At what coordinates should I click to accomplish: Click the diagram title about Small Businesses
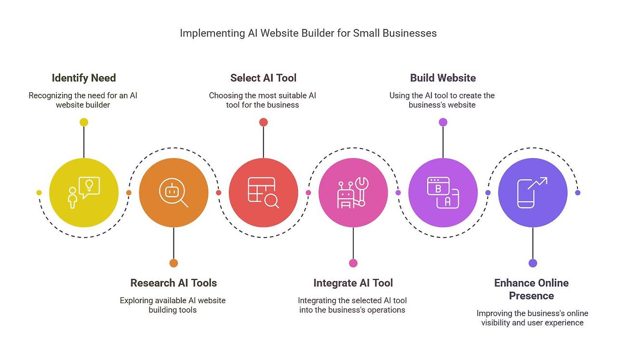pyautogui.click(x=308, y=33)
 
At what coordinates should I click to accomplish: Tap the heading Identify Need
pyautogui.click(x=84, y=78)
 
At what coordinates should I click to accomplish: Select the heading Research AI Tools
pyautogui.click(x=174, y=283)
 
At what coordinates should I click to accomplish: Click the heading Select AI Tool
pyautogui.click(x=263, y=78)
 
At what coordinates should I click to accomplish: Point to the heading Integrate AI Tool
pyautogui.click(x=353, y=283)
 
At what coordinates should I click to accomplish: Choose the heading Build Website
pyautogui.click(x=443, y=78)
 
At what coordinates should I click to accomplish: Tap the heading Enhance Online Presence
pyautogui.click(x=531, y=289)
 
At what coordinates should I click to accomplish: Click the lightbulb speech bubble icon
pyautogui.click(x=89, y=187)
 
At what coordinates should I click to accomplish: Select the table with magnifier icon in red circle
pyautogui.click(x=263, y=193)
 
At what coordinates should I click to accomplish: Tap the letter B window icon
pyautogui.click(x=438, y=187)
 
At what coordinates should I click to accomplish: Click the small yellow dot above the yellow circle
pyautogui.click(x=84, y=122)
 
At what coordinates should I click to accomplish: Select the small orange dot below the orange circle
pyautogui.click(x=174, y=263)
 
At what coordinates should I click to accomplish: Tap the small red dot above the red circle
pyautogui.click(x=263, y=122)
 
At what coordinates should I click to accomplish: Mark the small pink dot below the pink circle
pyautogui.click(x=353, y=263)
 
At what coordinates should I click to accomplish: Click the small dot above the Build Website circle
pyautogui.click(x=443, y=122)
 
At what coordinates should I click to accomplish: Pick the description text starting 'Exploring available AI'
pyautogui.click(x=173, y=305)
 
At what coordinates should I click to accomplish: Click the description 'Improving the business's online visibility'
pyautogui.click(x=532, y=318)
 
